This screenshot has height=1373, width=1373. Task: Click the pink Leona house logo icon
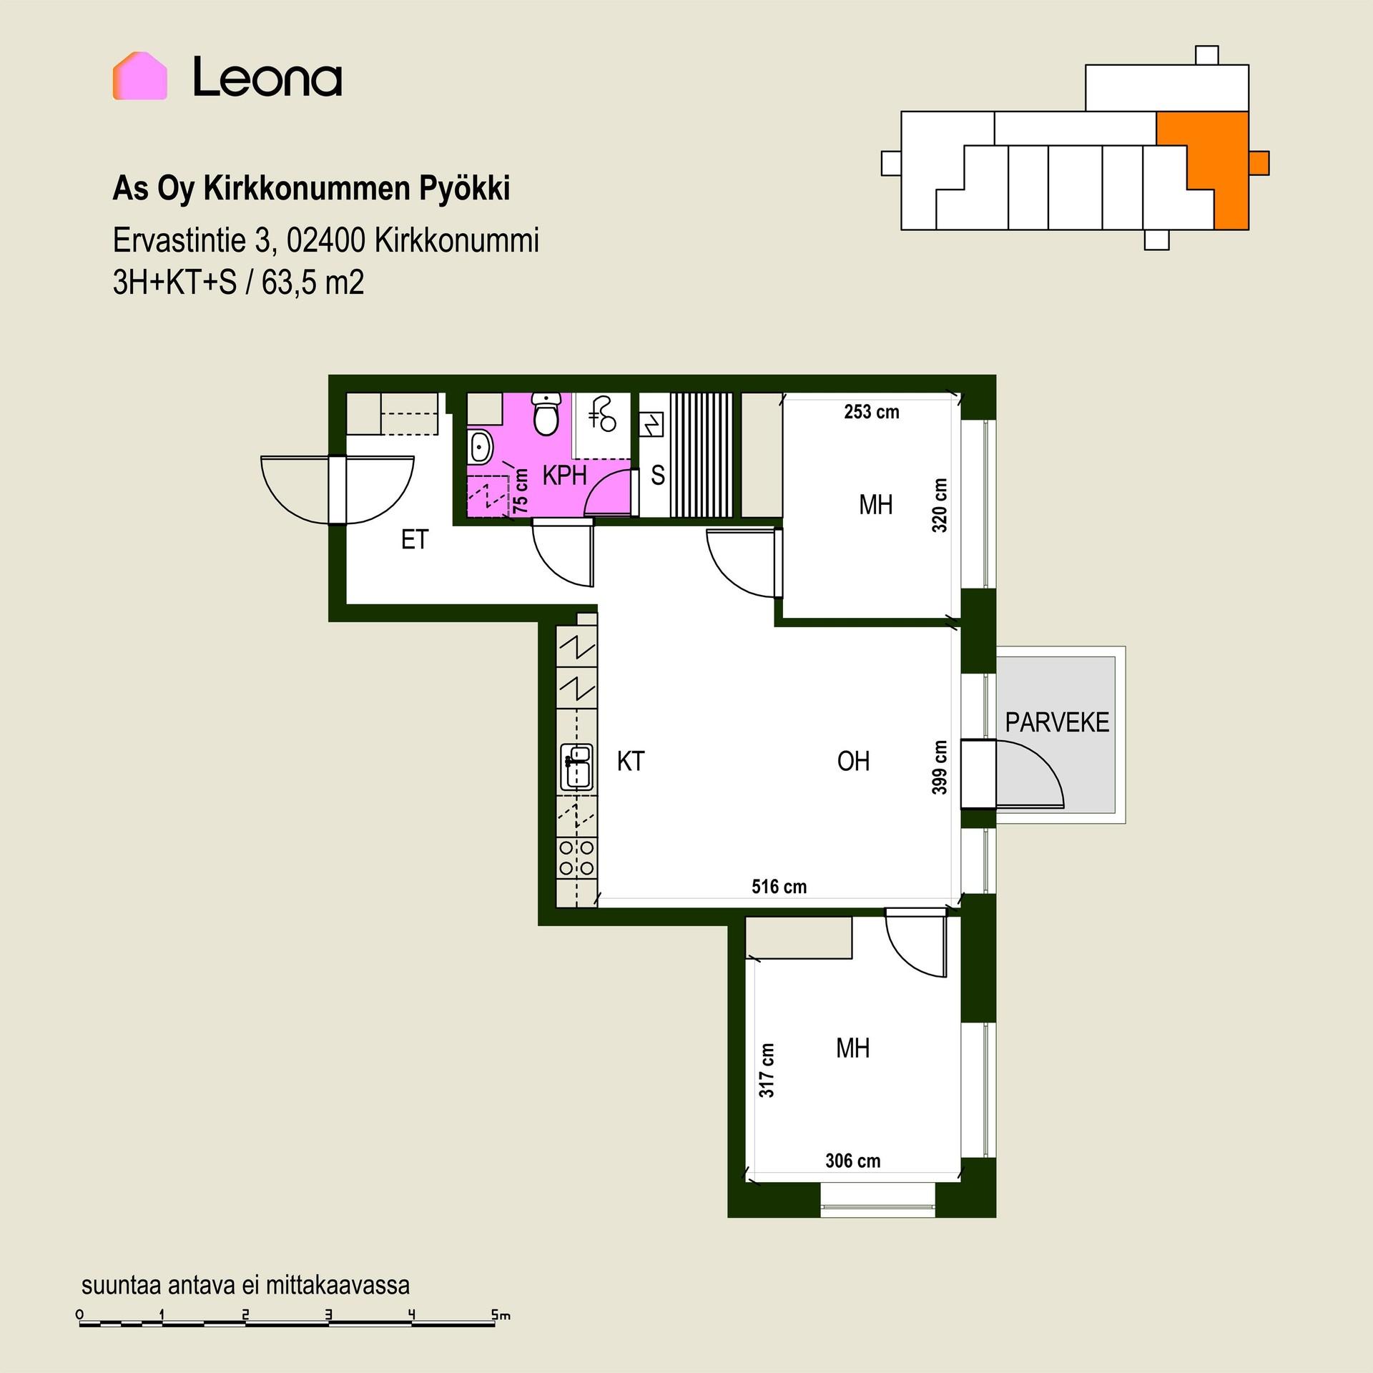tap(139, 76)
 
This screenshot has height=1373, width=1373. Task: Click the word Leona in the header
tap(267, 77)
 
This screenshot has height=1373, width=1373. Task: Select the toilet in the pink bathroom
tap(547, 414)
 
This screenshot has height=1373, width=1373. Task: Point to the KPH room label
tap(564, 476)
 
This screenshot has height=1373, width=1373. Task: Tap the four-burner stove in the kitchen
tap(576, 858)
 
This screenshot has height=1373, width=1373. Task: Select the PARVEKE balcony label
tap(1057, 723)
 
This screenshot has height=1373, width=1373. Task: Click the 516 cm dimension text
tap(779, 887)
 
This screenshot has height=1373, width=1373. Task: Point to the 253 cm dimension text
tap(871, 412)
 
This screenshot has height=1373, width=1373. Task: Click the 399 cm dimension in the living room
tap(940, 767)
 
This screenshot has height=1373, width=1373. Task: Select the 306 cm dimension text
tap(852, 1161)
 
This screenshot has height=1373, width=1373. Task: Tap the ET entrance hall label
tap(414, 540)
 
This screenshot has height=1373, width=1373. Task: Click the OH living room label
tap(853, 762)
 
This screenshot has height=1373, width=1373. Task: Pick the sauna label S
tap(658, 476)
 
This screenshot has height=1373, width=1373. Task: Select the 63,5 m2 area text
tap(313, 282)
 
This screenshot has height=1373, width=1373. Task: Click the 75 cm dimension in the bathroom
tap(521, 491)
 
